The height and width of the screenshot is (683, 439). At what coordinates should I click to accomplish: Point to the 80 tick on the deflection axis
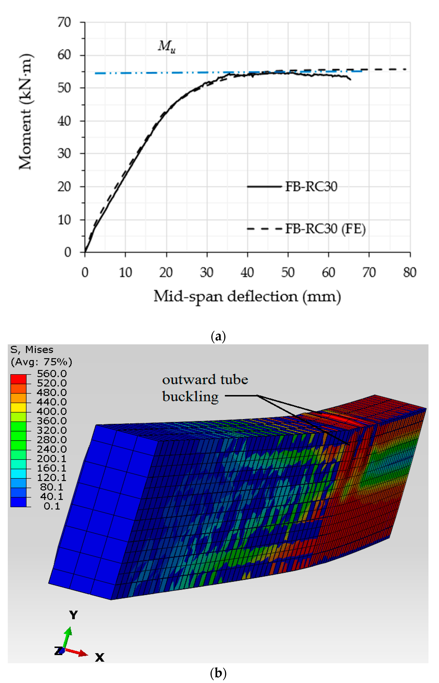coord(410,273)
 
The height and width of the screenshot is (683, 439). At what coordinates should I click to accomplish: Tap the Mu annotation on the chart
coord(167,46)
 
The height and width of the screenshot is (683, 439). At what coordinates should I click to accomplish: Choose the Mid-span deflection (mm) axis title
coord(247,296)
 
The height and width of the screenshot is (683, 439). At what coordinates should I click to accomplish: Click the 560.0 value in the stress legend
coord(52,374)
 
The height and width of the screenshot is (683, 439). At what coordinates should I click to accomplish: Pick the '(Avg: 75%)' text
coord(41,362)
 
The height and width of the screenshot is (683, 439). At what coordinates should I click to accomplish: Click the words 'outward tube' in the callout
coord(205,380)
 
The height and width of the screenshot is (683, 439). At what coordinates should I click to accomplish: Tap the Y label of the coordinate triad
coord(73,615)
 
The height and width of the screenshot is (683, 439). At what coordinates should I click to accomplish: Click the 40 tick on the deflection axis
coord(247,273)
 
